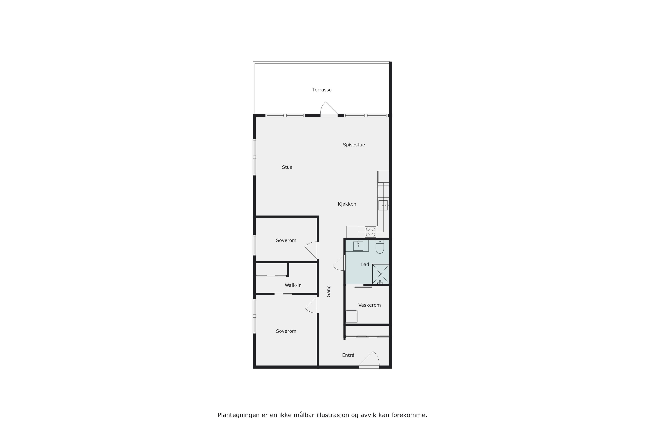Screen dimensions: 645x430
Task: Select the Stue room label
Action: [x=287, y=167]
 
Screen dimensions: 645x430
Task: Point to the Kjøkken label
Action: [x=347, y=204]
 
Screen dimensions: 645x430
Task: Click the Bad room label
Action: [x=365, y=265]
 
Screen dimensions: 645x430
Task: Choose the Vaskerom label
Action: [x=369, y=305]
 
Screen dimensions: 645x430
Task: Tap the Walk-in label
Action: [x=293, y=286]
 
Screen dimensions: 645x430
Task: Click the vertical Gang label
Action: [x=329, y=291]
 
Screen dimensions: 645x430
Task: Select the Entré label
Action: [x=348, y=355]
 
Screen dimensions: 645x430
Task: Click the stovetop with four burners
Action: [x=371, y=232]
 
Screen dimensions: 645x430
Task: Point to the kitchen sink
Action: [x=383, y=205]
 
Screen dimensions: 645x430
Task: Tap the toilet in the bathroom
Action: [x=380, y=247]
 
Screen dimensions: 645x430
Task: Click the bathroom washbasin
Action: [x=358, y=246]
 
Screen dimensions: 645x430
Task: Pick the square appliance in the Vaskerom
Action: [x=351, y=316]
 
